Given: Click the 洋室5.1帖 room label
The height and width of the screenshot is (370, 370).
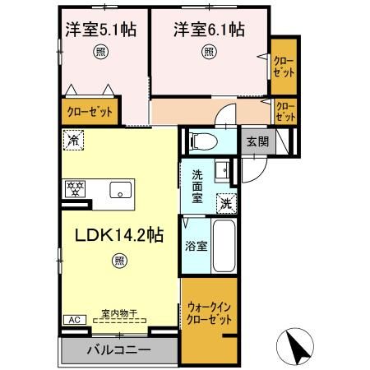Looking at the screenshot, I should pyautogui.click(x=101, y=30).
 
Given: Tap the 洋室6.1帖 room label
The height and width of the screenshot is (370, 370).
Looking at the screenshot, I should pyautogui.click(x=209, y=30).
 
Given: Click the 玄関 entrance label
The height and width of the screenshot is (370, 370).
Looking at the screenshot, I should pyautogui.click(x=257, y=141).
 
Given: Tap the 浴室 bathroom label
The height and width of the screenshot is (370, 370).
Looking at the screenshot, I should pyautogui.click(x=195, y=244).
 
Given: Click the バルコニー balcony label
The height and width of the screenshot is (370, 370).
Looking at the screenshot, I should pyautogui.click(x=119, y=349).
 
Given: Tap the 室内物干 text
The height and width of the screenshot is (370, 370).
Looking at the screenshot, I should pyautogui.click(x=120, y=313).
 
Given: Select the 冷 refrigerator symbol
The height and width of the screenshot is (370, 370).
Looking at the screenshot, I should pyautogui.click(x=74, y=140).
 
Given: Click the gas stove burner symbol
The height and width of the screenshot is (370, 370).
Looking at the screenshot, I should pyautogui.click(x=76, y=188).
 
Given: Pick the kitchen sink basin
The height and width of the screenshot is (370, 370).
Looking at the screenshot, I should pyautogui.click(x=121, y=189).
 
